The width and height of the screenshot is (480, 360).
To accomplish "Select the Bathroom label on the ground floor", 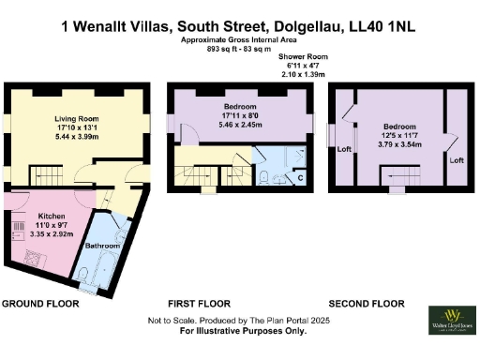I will [100, 246].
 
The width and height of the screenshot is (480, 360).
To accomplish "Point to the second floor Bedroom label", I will [401, 126].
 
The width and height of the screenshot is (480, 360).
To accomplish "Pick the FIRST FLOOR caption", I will [199, 304].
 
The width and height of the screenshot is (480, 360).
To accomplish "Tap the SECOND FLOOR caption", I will [366, 304].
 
